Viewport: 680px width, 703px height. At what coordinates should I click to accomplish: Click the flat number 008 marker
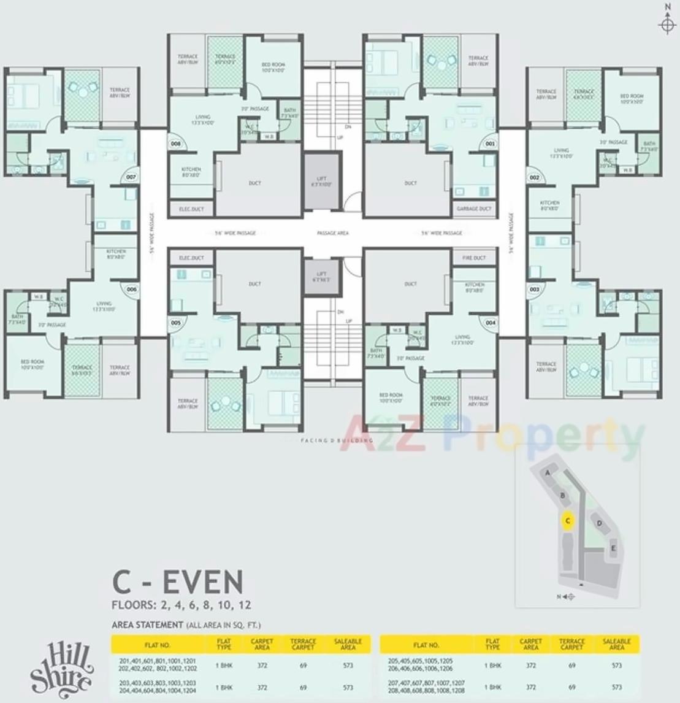point(176,144)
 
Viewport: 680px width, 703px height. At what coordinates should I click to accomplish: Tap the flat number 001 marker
point(489,144)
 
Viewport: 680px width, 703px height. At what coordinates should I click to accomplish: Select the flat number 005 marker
point(176,322)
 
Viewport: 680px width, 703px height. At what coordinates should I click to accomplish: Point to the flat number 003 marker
point(535,289)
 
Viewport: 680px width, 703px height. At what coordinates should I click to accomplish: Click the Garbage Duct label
point(474,209)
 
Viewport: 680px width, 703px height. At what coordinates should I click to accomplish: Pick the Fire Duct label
point(474,258)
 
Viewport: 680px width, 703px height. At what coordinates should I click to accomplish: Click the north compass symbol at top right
point(667,23)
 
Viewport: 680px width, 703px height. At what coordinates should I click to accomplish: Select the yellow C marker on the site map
point(568,521)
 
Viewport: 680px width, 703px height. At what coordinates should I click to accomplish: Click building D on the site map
point(599,523)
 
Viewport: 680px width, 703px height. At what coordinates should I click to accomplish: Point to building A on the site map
point(548,473)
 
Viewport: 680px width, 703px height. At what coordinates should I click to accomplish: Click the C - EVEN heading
point(177,582)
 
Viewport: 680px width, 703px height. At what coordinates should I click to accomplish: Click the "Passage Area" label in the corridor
point(333,233)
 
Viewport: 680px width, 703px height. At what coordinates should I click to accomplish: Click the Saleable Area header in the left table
point(348,644)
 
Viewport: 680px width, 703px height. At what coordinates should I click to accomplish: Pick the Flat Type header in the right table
point(492,644)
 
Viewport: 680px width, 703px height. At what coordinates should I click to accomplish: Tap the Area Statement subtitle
point(186,625)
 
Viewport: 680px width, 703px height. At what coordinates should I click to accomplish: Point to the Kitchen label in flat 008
point(191,172)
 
